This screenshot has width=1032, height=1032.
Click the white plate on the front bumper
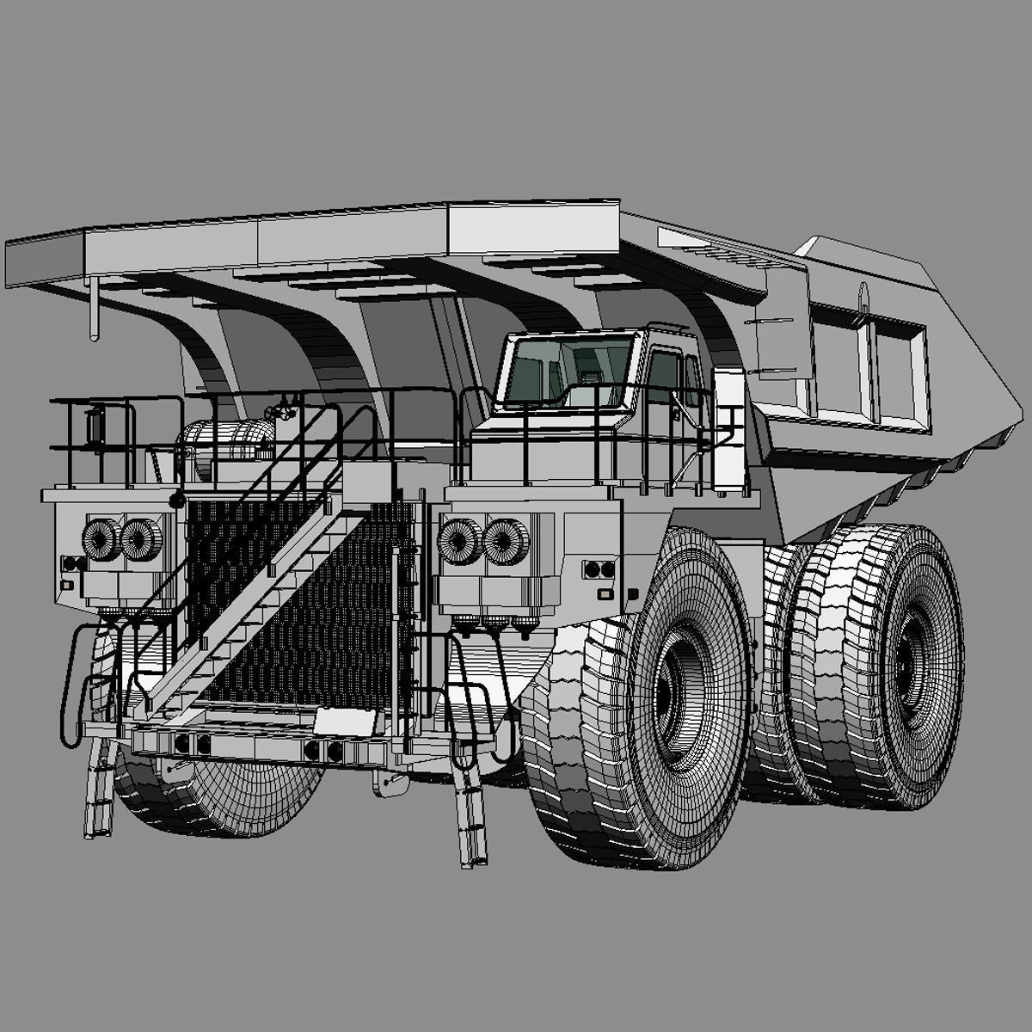[x=344, y=721]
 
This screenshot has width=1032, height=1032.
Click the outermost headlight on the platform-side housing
[x=101, y=539]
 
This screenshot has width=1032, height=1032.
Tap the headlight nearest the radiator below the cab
[x=459, y=541]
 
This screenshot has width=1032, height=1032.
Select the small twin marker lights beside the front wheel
[x=599, y=569]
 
